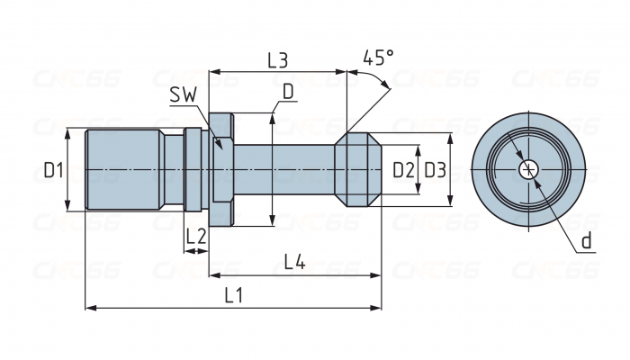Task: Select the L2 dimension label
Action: tap(196, 237)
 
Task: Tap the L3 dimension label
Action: tap(277, 60)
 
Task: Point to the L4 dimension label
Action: tap(294, 263)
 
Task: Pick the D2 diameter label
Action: tap(403, 169)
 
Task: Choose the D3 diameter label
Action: tap(435, 169)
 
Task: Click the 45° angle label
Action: tap(378, 58)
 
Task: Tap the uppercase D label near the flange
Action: tap(287, 92)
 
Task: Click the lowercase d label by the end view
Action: tap(586, 240)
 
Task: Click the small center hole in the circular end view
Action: tap(529, 169)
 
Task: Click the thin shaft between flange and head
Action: tap(283, 169)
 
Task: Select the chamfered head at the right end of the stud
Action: tap(359, 169)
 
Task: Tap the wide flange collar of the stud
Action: tap(223, 169)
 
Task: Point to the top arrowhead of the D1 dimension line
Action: tap(69, 131)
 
